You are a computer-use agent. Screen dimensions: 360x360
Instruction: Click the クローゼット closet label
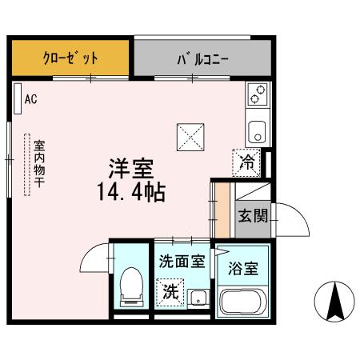coord(70,58)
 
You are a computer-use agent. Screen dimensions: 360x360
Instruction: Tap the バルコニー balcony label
coord(202,58)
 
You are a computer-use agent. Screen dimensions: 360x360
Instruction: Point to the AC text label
coord(31,100)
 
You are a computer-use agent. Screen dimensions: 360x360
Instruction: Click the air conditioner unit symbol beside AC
coord(18,99)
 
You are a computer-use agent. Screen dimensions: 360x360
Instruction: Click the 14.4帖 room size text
coord(132,192)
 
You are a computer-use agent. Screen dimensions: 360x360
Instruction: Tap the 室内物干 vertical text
coord(38,163)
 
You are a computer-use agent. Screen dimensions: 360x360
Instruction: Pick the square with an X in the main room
coord(190,137)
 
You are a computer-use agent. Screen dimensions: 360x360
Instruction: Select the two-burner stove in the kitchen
coord(257,95)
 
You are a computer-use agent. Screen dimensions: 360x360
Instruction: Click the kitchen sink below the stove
coord(257,130)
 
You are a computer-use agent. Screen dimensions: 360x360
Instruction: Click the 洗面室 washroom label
coord(182,260)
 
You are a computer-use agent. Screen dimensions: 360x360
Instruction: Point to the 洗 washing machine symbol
coord(170,291)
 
